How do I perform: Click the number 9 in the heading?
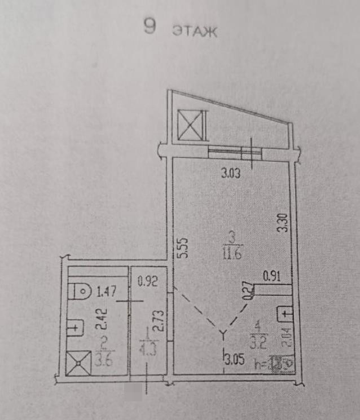coord(150,26)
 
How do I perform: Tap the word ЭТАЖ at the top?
coord(195,31)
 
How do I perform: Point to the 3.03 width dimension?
coord(230,174)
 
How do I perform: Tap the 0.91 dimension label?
coord(272,276)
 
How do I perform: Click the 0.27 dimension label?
coord(247,290)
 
